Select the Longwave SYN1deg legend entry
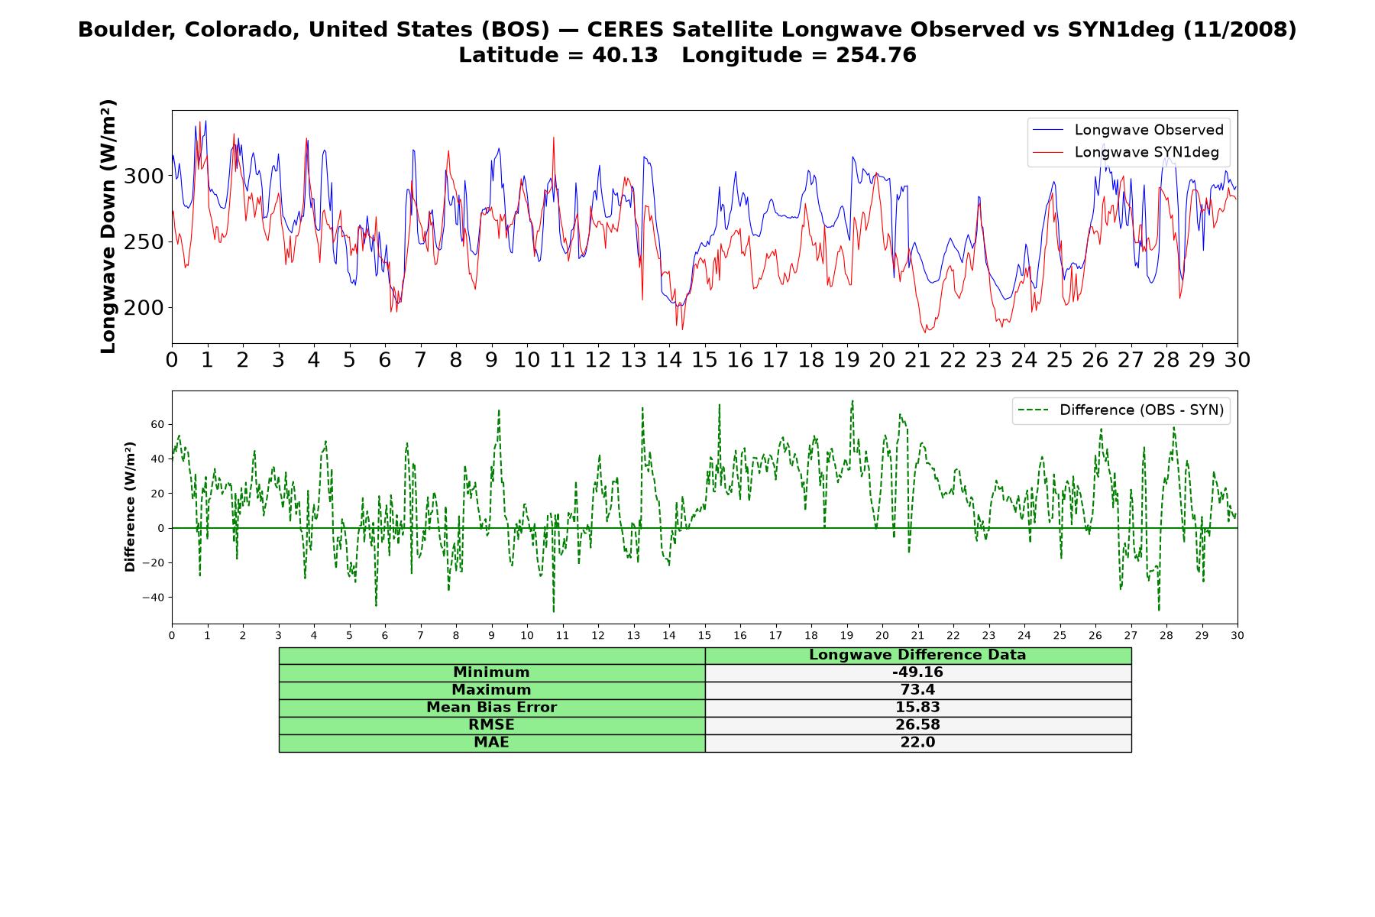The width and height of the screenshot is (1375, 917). tap(1126, 152)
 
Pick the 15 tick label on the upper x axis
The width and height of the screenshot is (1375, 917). tap(704, 359)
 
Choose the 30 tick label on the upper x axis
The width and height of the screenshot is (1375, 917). tap(1237, 359)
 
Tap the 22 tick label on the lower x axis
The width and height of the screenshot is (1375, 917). tap(953, 635)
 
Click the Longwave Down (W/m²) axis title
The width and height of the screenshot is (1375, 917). tap(108, 226)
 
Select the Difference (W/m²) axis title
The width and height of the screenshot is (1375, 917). tap(130, 507)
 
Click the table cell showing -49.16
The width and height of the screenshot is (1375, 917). tap(917, 672)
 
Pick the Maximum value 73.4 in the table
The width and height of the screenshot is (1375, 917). tap(917, 690)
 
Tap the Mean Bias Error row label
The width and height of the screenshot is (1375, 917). tap(491, 708)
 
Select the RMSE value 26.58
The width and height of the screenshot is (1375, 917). tap(917, 725)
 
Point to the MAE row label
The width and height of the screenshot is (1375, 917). tap(491, 743)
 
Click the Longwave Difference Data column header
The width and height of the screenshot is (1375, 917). tap(917, 655)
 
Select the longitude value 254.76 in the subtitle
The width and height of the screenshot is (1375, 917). tap(876, 55)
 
